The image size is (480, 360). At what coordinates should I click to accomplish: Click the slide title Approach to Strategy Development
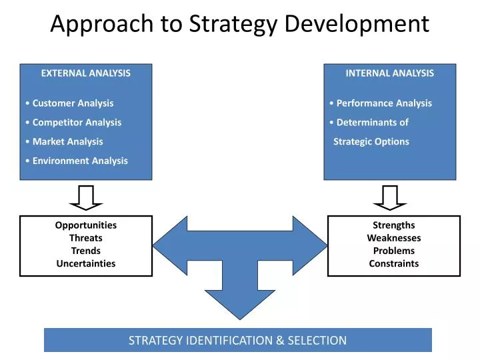pyautogui.click(x=240, y=24)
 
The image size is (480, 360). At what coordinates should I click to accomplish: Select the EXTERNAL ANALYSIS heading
pyautogui.click(x=86, y=73)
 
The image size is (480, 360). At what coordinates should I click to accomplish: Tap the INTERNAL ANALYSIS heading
pyautogui.click(x=389, y=73)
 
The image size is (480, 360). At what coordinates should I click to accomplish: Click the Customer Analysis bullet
pyautogui.click(x=73, y=103)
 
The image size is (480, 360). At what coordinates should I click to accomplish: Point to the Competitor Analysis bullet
pyautogui.click(x=77, y=123)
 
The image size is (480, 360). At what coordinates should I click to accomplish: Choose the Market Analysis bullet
pyautogui.click(x=67, y=141)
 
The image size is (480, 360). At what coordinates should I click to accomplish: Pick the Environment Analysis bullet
pyautogui.click(x=80, y=161)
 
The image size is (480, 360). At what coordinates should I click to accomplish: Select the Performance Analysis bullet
pyautogui.click(x=383, y=103)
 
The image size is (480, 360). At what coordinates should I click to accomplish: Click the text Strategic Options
pyautogui.click(x=371, y=141)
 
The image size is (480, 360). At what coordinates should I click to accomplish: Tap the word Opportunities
pyautogui.click(x=86, y=225)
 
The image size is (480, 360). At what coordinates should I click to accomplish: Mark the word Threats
pyautogui.click(x=86, y=238)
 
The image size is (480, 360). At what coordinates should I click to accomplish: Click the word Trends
pyautogui.click(x=86, y=251)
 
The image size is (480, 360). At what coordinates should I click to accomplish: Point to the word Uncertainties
pyautogui.click(x=86, y=263)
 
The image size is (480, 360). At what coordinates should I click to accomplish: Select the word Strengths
pyautogui.click(x=393, y=225)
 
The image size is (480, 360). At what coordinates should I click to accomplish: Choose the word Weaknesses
pyautogui.click(x=393, y=238)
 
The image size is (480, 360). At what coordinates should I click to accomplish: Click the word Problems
pyautogui.click(x=393, y=251)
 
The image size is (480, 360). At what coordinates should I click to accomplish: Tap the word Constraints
pyautogui.click(x=393, y=263)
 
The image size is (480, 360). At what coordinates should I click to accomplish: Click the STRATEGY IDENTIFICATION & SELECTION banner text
pyautogui.click(x=237, y=340)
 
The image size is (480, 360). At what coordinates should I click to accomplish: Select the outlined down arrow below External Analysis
pyautogui.click(x=86, y=197)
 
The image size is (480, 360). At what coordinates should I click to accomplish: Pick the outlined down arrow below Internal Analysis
pyautogui.click(x=389, y=197)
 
